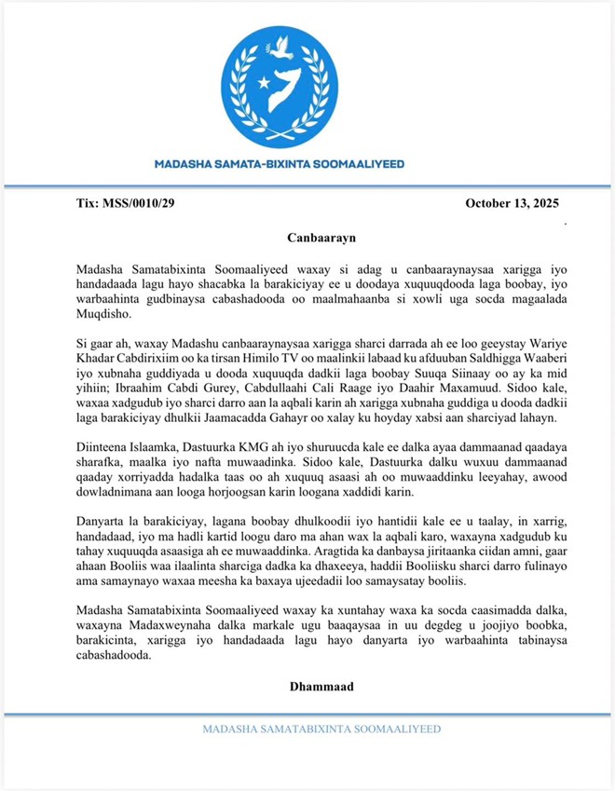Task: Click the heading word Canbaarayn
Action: click(307, 238)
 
